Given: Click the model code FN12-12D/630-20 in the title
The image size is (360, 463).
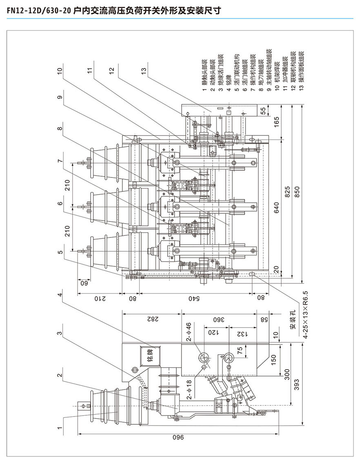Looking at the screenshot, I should [x=37, y=10].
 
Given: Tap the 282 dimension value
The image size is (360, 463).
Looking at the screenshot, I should [x=151, y=319].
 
